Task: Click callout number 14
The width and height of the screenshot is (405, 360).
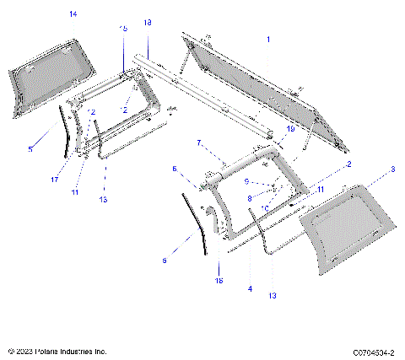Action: [73, 14]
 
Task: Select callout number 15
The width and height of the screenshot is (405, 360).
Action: [123, 29]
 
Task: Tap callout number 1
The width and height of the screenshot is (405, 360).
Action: [268, 40]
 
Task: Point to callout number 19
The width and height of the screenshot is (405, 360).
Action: [289, 129]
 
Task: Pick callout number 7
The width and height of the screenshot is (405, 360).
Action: [199, 142]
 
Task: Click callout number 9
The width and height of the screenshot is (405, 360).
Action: [246, 181]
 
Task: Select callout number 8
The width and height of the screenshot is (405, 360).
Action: [249, 198]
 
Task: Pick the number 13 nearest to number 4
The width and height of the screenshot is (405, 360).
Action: [273, 296]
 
